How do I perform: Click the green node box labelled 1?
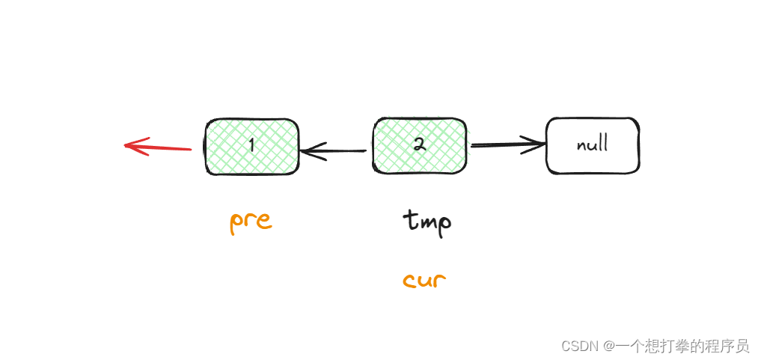(251, 146)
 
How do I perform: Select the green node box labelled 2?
(420, 145)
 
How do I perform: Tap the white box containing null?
(592, 145)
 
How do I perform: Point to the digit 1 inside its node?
(251, 145)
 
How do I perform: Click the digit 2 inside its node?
(420, 145)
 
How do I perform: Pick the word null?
(592, 144)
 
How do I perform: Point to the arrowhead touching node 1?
(307, 151)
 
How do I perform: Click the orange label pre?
(250, 222)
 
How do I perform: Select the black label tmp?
(427, 222)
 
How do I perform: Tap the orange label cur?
(424, 281)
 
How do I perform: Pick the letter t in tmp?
(409, 220)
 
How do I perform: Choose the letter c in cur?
(409, 282)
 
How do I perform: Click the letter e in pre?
(263, 222)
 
